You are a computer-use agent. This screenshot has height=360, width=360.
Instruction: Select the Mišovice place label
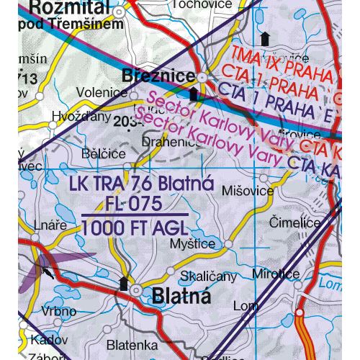[248, 191]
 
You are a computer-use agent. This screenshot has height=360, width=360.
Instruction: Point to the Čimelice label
[294, 224]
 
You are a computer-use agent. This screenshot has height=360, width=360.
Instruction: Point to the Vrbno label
[59, 312]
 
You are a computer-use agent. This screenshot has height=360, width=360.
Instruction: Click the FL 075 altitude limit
[137, 204]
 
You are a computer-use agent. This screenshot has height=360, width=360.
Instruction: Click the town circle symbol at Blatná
[135, 289]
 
